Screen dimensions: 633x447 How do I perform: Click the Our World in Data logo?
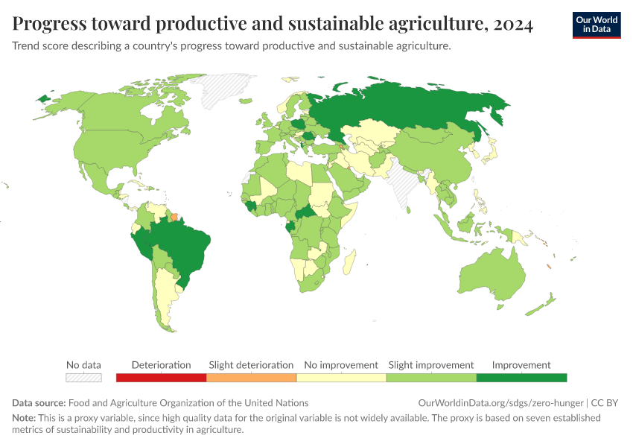pos(597,25)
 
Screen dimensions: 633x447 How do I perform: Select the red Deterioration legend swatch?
pos(161,378)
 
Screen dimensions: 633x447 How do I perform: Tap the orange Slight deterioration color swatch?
pos(251,378)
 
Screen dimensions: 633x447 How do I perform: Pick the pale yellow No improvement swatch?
pos(341,378)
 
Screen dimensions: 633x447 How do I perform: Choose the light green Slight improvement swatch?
pos(431,378)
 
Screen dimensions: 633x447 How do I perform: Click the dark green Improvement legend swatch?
pos(521,378)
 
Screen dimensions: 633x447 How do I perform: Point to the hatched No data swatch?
pos(83,378)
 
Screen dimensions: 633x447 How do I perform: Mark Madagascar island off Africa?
pos(349,261)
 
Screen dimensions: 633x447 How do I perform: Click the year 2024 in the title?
pos(513,24)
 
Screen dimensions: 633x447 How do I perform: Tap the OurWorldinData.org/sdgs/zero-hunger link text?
pos(500,403)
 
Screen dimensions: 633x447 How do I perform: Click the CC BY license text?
pos(605,403)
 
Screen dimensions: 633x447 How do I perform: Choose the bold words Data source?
pos(39,403)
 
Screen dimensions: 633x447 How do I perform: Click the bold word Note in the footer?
pos(24,418)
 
